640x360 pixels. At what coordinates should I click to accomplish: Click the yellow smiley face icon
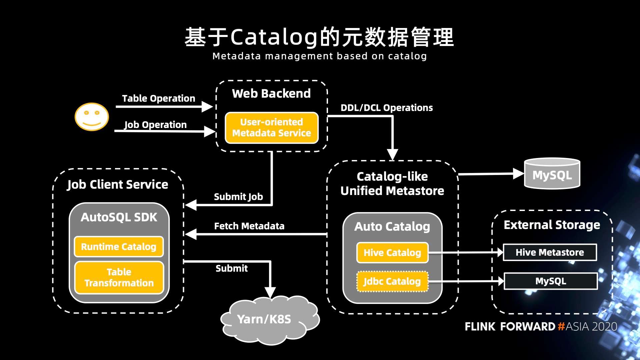click(92, 117)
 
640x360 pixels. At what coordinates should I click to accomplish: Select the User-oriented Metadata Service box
click(272, 128)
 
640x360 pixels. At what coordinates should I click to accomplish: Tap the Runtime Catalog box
click(119, 247)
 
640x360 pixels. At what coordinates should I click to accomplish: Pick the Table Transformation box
click(119, 277)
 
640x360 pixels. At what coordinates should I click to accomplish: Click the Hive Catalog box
click(392, 253)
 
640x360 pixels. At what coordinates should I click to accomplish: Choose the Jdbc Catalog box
click(392, 281)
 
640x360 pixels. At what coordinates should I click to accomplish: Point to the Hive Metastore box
click(550, 252)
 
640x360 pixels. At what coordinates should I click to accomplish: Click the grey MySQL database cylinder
click(552, 174)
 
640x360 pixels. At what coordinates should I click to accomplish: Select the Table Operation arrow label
click(159, 98)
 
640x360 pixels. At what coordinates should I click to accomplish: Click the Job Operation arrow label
click(156, 125)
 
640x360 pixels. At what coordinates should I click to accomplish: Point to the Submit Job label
click(238, 197)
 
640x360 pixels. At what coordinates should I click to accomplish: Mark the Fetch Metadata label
click(249, 226)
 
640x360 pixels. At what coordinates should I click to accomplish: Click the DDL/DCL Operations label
click(387, 108)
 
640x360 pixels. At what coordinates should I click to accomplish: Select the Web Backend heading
click(271, 93)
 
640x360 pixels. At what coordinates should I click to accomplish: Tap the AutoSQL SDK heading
click(119, 217)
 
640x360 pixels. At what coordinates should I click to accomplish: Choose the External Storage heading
click(552, 225)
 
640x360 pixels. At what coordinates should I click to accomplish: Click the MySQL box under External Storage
click(551, 281)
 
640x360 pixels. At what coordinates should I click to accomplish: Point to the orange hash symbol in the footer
click(561, 326)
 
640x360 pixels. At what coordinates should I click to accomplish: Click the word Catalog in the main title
click(274, 37)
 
